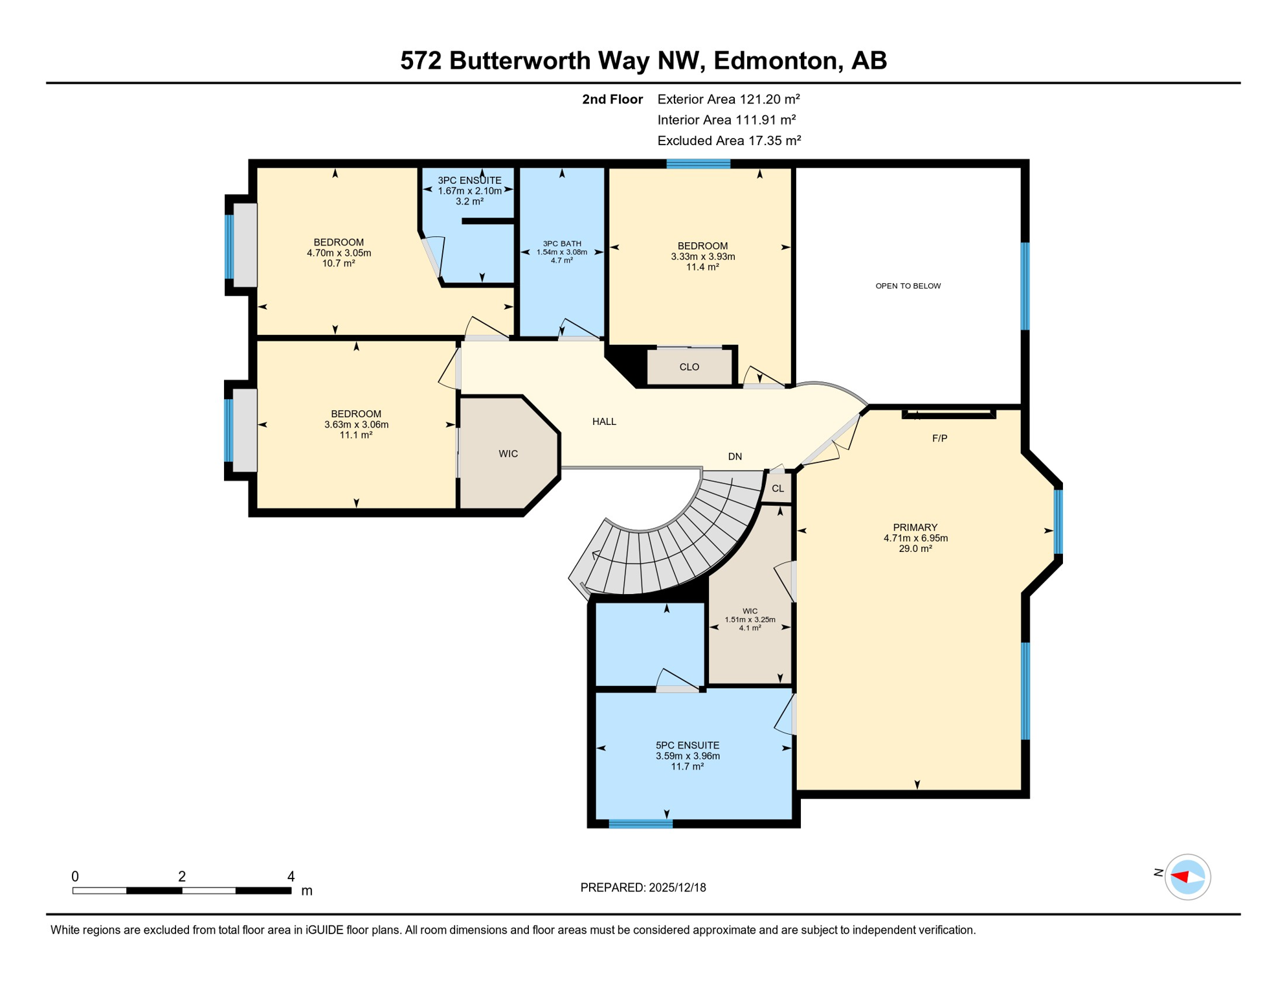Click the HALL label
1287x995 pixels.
point(604,422)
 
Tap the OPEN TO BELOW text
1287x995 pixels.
point(908,286)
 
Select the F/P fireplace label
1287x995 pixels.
point(939,439)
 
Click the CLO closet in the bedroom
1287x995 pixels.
point(689,367)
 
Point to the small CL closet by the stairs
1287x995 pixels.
point(778,488)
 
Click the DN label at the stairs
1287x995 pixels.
point(735,457)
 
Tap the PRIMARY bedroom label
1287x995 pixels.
point(915,527)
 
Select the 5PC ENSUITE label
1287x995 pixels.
point(688,746)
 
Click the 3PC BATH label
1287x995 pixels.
point(562,244)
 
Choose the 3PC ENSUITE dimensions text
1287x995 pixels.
point(469,191)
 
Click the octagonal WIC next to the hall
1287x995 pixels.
point(508,453)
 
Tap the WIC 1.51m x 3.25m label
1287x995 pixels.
point(750,619)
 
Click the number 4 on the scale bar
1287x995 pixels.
point(291,876)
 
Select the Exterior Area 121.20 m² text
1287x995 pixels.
point(728,99)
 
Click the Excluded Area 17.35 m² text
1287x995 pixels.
point(729,141)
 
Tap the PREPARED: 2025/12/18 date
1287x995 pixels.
point(643,887)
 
